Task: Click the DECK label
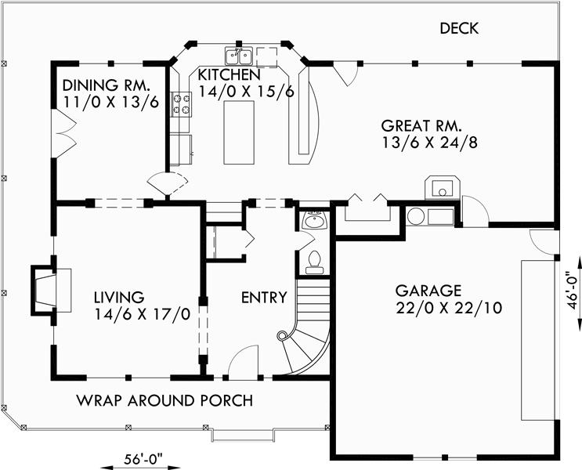pyautogui.click(x=459, y=29)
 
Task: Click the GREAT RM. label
pyautogui.click(x=421, y=125)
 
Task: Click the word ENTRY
pyautogui.click(x=263, y=298)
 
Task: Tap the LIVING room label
pyautogui.click(x=119, y=297)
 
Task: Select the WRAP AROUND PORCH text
pyautogui.click(x=164, y=400)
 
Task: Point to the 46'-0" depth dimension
pyautogui.click(x=573, y=291)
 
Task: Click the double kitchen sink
pyautogui.click(x=238, y=56)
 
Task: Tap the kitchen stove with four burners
pyautogui.click(x=182, y=104)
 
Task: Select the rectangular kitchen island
pyautogui.click(x=240, y=132)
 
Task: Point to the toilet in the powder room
pyautogui.click(x=315, y=262)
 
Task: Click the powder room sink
pyautogui.click(x=315, y=220)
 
